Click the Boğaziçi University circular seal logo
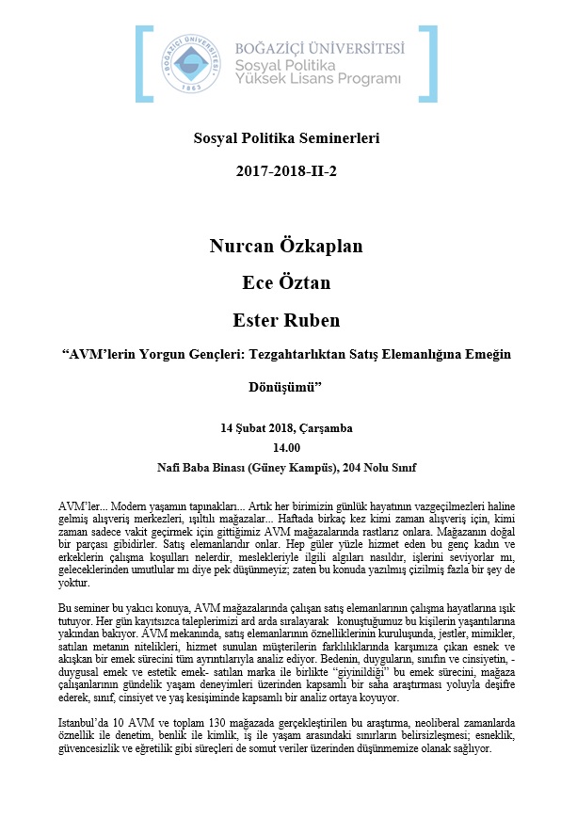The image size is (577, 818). click(x=194, y=61)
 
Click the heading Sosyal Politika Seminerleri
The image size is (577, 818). click(x=286, y=139)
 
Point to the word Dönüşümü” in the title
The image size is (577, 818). click(x=285, y=386)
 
